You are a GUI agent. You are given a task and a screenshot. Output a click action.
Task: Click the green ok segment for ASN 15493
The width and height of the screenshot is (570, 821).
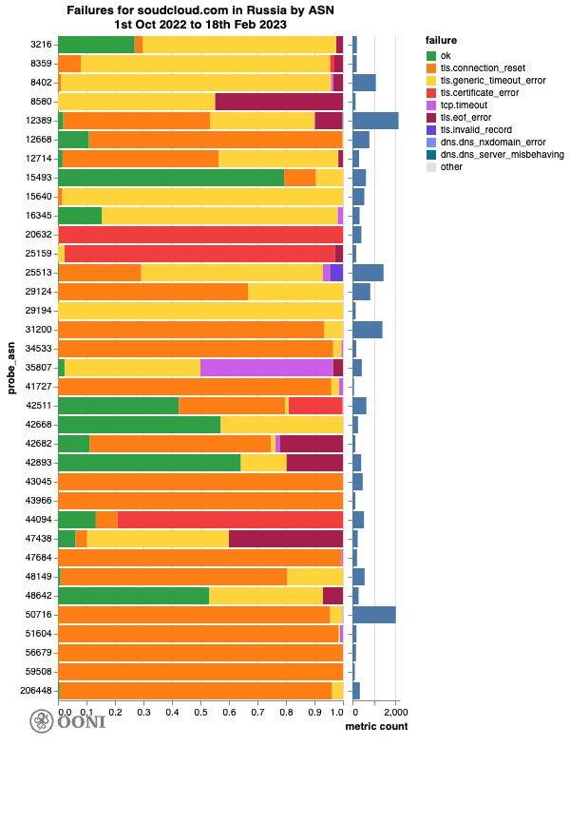pyautogui.click(x=171, y=178)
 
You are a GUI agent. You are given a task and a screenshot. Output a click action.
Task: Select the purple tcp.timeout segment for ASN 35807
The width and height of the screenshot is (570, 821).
pyautogui.click(x=266, y=368)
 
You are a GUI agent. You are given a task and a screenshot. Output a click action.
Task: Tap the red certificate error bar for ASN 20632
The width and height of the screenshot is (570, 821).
pyautogui.click(x=200, y=235)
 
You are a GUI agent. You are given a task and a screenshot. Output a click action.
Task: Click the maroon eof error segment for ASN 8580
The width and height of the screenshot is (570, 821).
pyautogui.click(x=279, y=102)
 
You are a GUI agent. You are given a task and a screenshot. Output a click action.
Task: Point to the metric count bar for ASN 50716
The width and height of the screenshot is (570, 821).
pyautogui.click(x=373, y=615)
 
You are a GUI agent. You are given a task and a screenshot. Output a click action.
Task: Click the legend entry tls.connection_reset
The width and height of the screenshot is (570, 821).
pyautogui.click(x=480, y=68)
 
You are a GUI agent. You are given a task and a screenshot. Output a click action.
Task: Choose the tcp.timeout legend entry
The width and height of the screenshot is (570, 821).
pyautogui.click(x=466, y=105)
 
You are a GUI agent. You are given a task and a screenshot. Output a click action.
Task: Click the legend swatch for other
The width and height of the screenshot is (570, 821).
pyautogui.click(x=432, y=167)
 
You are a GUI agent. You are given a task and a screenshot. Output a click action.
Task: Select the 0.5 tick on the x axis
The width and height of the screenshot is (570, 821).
pyautogui.click(x=200, y=711)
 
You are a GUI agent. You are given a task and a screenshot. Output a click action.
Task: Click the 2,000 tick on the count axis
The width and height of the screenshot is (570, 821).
pyautogui.click(x=395, y=711)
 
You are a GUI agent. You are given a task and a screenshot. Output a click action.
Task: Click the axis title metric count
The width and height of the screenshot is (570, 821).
pyautogui.click(x=376, y=727)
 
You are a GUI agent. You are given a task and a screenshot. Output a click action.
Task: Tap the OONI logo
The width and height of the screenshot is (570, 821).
pyautogui.click(x=67, y=722)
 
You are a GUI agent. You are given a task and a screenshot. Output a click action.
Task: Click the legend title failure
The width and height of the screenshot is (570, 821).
pyautogui.click(x=442, y=41)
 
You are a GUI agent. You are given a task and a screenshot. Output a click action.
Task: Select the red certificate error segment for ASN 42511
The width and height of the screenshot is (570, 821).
pyautogui.click(x=315, y=406)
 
